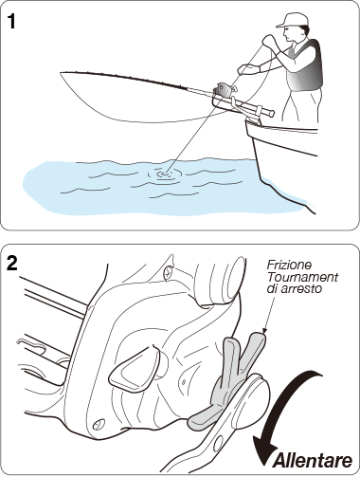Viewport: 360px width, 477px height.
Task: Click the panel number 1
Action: [x=12, y=21]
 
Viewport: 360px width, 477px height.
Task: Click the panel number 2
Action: [x=12, y=263]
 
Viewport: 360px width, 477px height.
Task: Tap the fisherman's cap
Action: [x=292, y=20]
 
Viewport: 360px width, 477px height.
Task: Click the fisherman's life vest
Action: [x=305, y=65]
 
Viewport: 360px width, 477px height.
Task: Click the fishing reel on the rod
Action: [x=225, y=89]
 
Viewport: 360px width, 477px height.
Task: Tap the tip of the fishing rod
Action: [x=61, y=73]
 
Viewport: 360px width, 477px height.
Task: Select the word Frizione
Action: [x=289, y=265]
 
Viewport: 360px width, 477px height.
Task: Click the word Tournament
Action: [x=302, y=277]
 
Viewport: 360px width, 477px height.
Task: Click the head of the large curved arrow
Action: [x=264, y=455]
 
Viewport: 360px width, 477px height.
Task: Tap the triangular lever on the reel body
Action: [x=134, y=369]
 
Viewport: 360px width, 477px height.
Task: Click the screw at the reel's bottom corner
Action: [x=99, y=423]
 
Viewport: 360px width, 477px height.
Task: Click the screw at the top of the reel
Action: [x=169, y=270]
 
